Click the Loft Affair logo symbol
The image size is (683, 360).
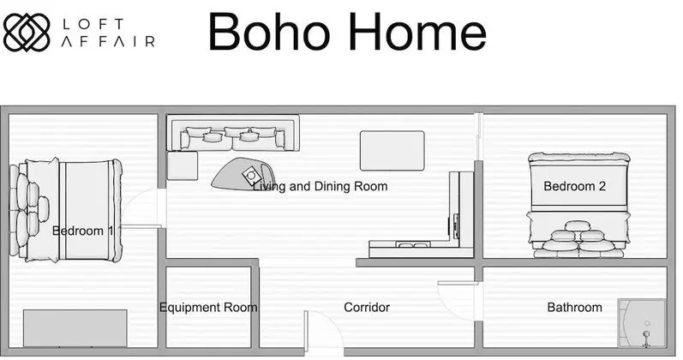click(26, 32)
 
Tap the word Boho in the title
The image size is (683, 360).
click(269, 32)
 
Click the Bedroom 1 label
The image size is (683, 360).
click(83, 231)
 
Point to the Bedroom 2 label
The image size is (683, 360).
click(574, 186)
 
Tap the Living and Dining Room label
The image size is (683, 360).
click(321, 187)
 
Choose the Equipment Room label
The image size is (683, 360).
click(208, 308)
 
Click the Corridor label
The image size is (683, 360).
click(367, 307)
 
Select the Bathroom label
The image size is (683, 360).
click(574, 307)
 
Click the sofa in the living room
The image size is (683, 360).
click(233, 133)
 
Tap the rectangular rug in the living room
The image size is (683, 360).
click(392, 150)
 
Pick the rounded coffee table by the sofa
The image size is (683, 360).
click(242, 174)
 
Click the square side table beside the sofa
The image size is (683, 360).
click(183, 165)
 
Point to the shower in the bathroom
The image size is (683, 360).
click(642, 323)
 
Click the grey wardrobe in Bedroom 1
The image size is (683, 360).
click(75, 328)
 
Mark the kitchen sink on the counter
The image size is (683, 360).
click(412, 245)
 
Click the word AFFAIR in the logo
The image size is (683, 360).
click(108, 41)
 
